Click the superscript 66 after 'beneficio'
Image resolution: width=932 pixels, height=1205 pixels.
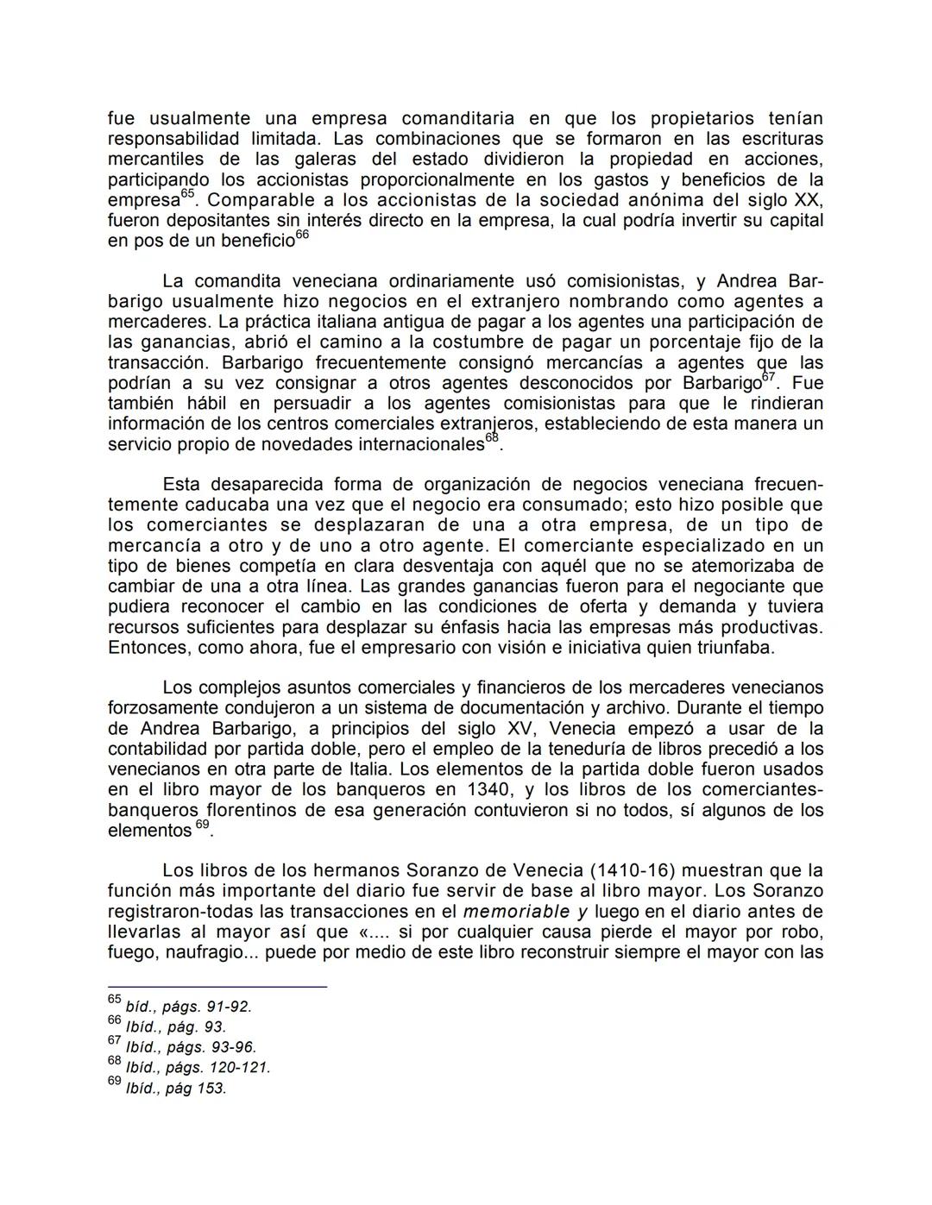click(302, 235)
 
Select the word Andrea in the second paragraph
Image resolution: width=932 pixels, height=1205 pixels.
click(747, 281)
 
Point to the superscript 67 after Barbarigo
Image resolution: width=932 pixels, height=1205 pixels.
click(770, 378)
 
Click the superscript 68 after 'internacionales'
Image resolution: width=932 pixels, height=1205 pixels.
click(492, 439)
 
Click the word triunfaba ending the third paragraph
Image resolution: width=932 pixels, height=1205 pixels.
click(736, 647)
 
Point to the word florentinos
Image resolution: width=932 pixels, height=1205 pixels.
click(260, 810)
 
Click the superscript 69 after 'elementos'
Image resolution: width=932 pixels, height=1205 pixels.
click(202, 825)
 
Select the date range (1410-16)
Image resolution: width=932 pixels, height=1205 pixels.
click(632, 870)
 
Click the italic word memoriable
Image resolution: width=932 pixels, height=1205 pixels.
click(516, 912)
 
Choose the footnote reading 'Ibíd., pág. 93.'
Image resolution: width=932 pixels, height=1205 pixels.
click(176, 1027)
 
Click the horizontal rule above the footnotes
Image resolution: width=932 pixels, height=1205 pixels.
click(217, 986)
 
